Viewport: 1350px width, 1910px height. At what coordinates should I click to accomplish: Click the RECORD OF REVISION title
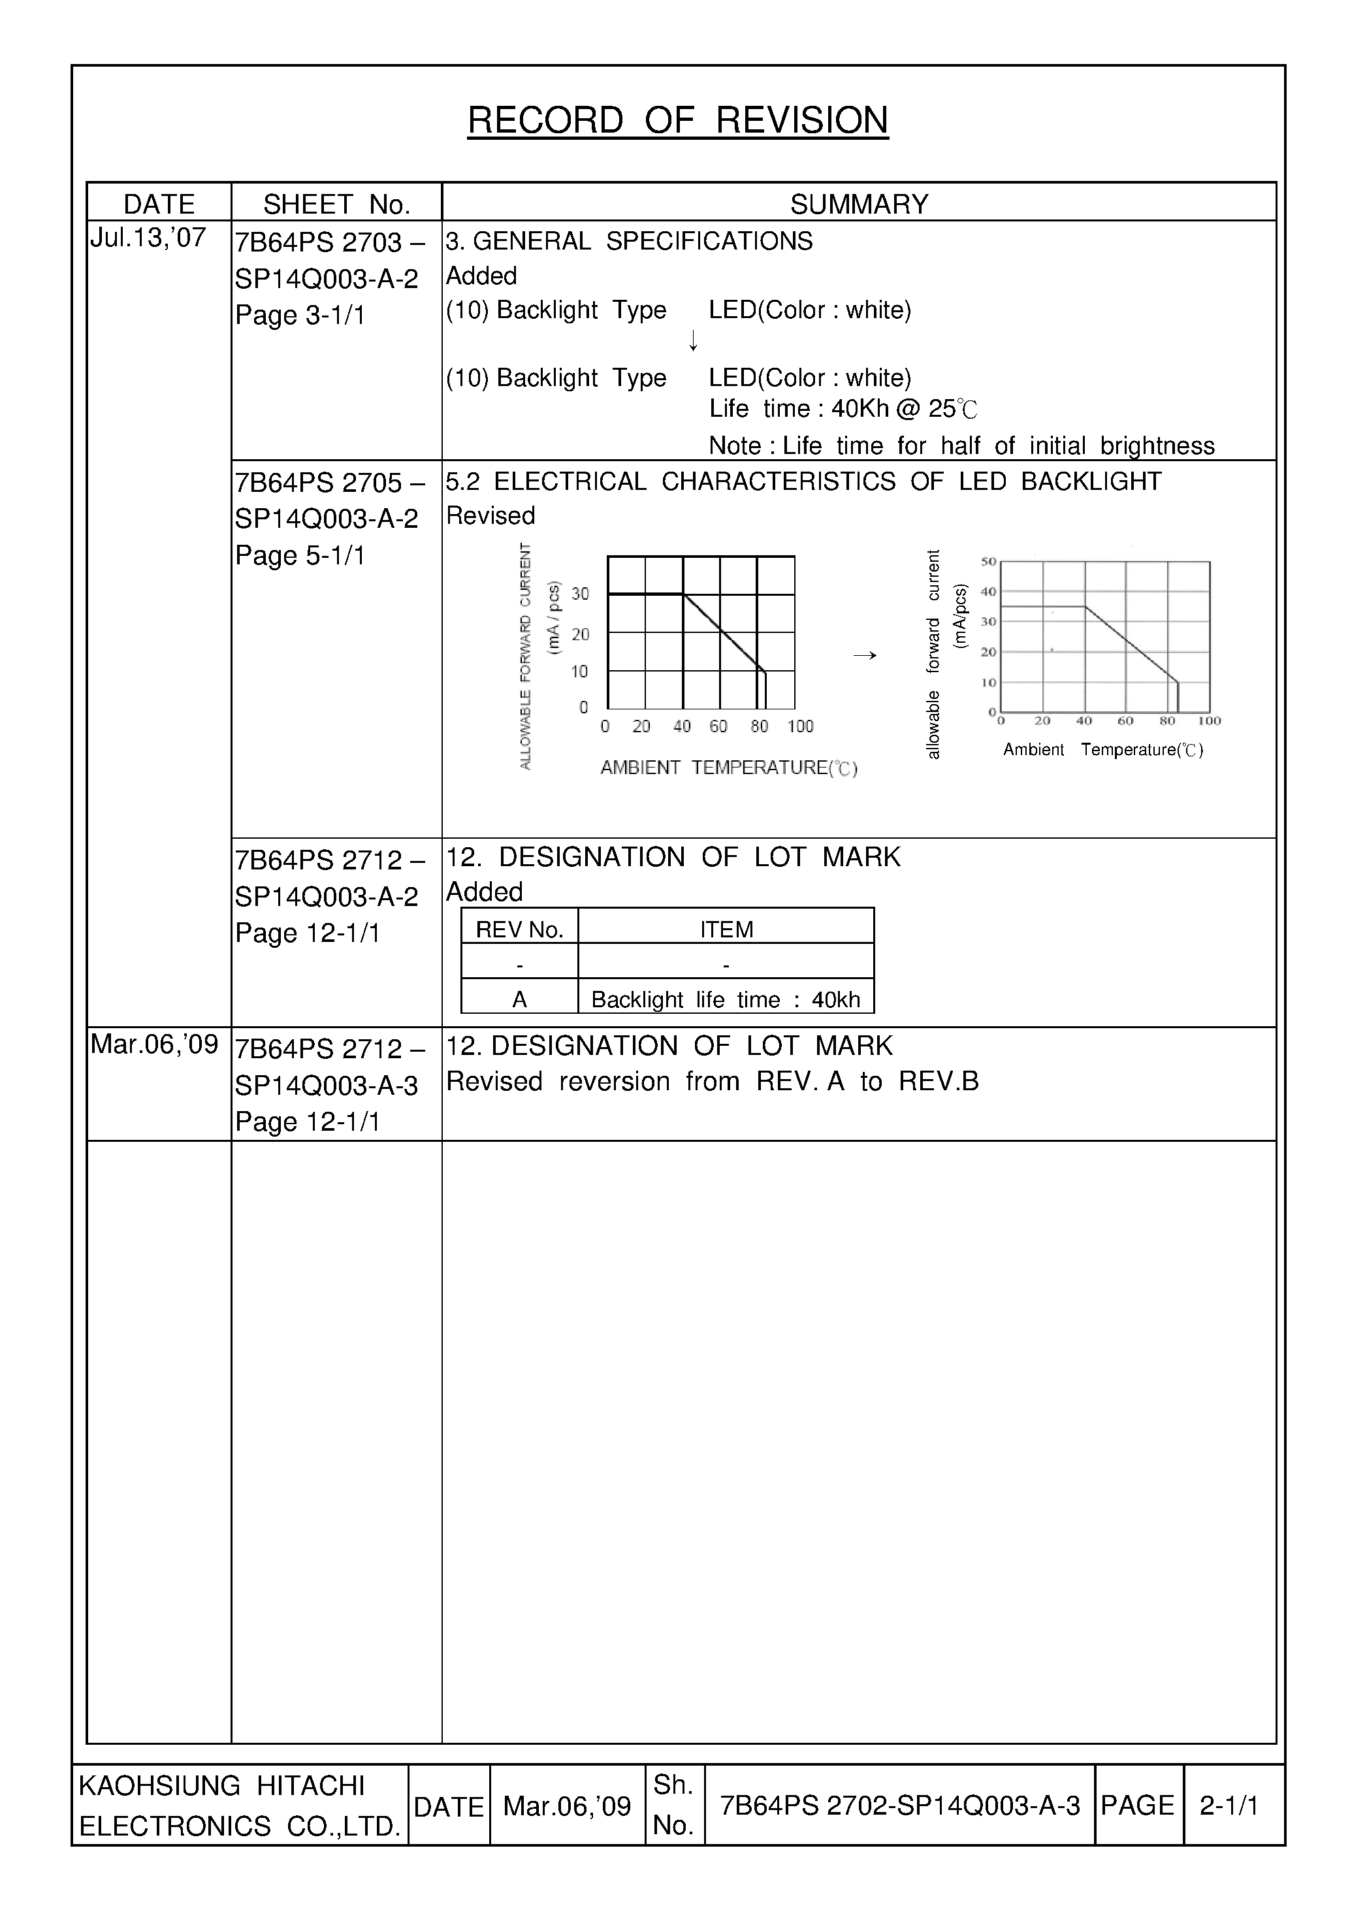(677, 121)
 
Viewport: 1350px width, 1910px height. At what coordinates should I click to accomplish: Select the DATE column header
(159, 204)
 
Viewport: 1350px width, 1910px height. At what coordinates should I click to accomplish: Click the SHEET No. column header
(337, 204)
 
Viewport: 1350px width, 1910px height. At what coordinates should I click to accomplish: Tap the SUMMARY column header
(858, 204)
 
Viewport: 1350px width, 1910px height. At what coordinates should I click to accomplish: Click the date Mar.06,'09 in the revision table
(154, 1044)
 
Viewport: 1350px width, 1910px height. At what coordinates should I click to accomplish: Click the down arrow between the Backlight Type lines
(693, 340)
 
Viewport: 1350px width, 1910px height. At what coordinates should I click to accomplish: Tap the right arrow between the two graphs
(865, 656)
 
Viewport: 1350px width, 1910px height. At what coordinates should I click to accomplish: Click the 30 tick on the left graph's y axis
(580, 594)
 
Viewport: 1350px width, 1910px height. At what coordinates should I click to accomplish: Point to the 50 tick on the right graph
(988, 562)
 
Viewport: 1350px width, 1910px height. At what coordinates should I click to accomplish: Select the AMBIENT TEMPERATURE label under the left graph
(729, 768)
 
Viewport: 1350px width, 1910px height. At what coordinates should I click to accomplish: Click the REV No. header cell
(519, 930)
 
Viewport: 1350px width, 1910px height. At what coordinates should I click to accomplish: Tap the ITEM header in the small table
(726, 930)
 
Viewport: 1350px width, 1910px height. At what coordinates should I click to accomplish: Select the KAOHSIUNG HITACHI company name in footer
(221, 1785)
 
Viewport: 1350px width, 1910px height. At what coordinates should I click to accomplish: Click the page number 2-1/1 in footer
(1229, 1806)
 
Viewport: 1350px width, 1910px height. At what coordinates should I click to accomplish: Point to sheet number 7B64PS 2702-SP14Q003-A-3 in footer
(899, 1806)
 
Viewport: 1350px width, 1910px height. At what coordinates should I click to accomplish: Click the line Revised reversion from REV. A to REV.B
(712, 1082)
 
